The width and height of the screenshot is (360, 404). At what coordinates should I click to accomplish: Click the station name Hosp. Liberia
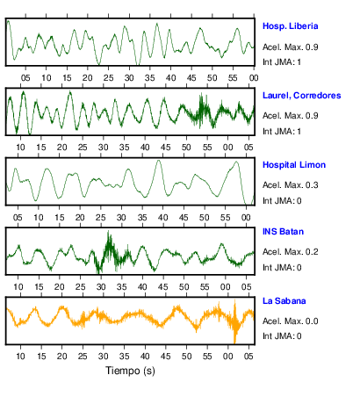pos(290,26)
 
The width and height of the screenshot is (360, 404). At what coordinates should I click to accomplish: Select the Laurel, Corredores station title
pos(301,96)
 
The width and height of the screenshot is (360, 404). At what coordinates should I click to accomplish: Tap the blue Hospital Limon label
pos(294,165)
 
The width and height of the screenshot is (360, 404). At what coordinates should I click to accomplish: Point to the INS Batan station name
pos(283,232)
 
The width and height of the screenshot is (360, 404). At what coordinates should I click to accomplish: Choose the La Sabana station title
pos(284,301)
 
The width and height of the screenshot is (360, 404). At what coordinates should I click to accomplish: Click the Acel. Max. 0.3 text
pos(290,185)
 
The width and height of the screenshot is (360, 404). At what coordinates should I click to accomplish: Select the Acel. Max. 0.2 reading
pos(290,252)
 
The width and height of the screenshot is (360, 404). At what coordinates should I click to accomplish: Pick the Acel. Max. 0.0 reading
pos(290,321)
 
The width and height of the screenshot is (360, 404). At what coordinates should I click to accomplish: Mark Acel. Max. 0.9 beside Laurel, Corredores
pos(290,116)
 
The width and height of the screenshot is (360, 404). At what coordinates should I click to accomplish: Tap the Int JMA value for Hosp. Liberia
pos(282,62)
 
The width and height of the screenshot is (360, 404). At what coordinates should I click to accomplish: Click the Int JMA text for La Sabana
pos(282,336)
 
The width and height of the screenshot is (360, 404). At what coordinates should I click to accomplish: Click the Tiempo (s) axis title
pos(130,371)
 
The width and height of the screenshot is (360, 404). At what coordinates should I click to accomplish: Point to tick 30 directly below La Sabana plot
pos(104,357)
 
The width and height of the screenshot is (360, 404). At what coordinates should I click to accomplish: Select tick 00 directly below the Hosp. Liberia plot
pos(254,78)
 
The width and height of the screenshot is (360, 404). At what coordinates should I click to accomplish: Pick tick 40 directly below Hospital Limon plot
pos(162,218)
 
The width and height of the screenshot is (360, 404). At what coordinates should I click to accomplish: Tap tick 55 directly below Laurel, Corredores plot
pos(207,148)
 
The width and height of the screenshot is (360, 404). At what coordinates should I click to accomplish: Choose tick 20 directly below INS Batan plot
pos(60,287)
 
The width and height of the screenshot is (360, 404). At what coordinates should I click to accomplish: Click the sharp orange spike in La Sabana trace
pos(234,321)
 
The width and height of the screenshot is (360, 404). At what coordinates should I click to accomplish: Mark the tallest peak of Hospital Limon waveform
pos(159,161)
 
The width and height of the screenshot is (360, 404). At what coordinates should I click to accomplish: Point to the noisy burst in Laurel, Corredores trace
pos(201,111)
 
